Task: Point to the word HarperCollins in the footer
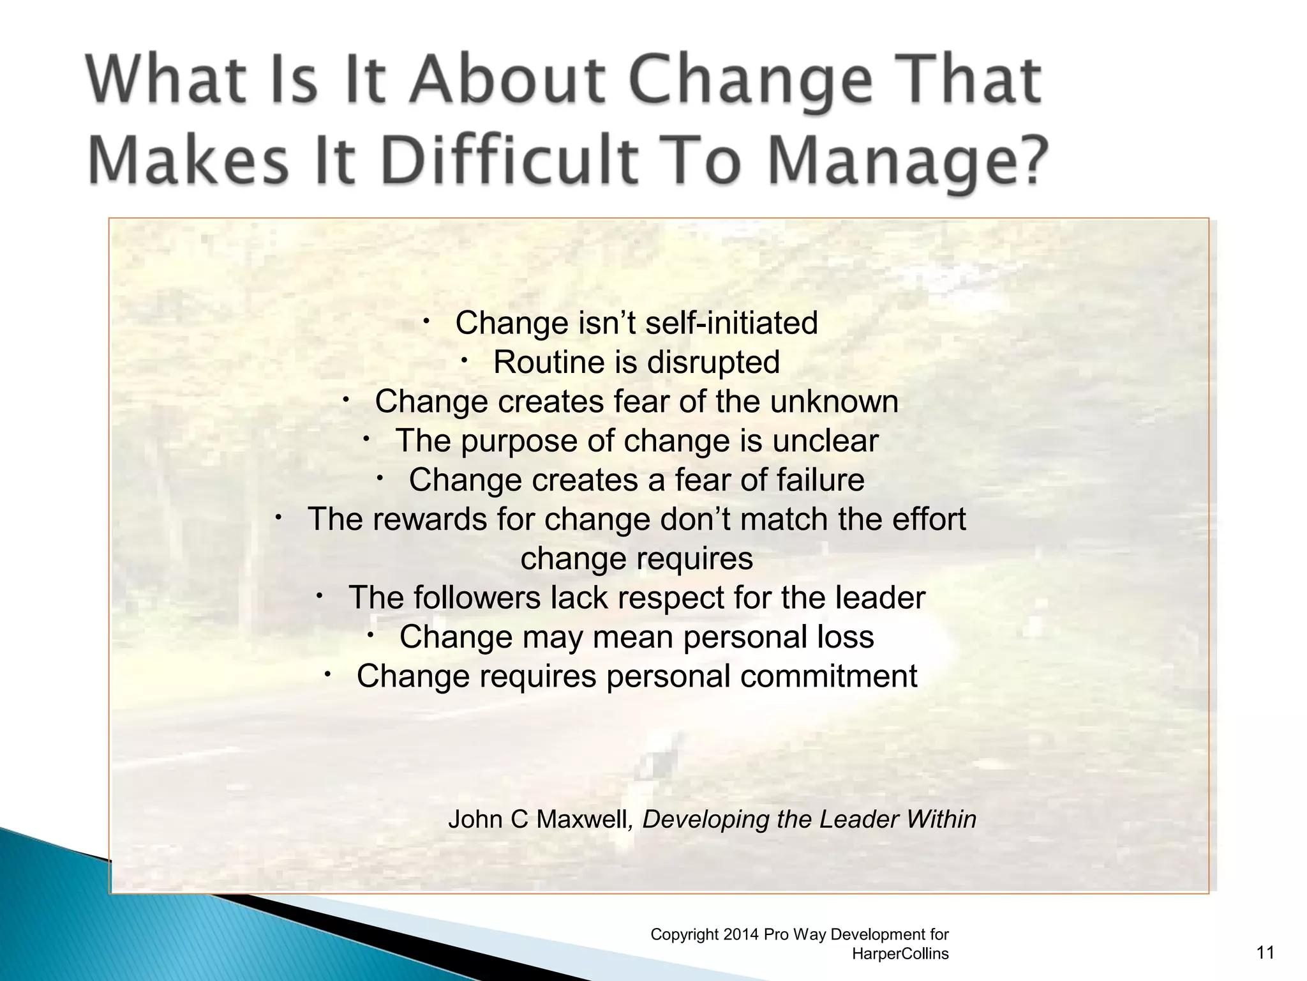click(x=900, y=954)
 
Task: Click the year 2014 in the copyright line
click(x=741, y=934)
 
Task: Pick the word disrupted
click(x=713, y=362)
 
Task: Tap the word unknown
click(x=834, y=402)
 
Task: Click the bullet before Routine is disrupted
click(x=465, y=360)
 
